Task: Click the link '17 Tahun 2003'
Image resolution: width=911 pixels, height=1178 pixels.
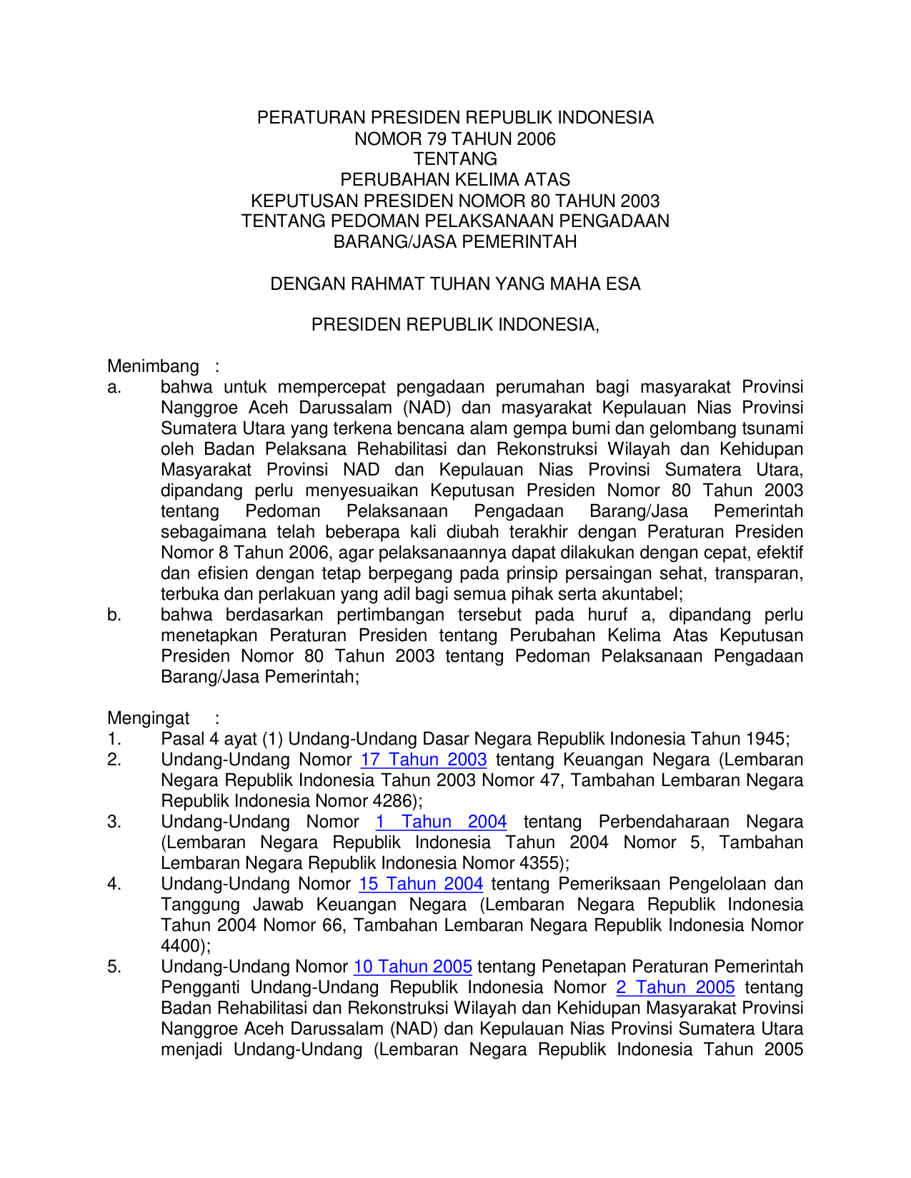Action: (x=424, y=760)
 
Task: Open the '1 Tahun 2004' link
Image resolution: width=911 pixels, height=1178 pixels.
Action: (x=441, y=822)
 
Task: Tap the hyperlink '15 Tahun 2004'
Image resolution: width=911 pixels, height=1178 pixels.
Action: (x=421, y=884)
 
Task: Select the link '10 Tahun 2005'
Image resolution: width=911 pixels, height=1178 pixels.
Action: (x=412, y=967)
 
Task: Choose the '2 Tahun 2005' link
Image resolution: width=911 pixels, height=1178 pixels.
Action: (x=675, y=987)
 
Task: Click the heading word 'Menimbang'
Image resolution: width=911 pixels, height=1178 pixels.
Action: (x=153, y=366)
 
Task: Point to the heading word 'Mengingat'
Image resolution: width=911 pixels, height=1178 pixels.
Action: (x=149, y=718)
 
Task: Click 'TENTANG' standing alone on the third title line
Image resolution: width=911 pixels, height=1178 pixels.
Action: (x=455, y=159)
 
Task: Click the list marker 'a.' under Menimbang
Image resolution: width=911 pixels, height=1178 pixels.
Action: (x=114, y=387)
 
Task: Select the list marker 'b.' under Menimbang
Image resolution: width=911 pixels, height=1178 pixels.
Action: (x=114, y=615)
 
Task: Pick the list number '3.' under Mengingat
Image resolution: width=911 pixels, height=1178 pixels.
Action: (x=114, y=822)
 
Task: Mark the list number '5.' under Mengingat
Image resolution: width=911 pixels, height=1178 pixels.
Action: (x=114, y=967)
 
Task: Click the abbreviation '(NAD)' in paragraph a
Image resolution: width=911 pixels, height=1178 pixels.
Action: (x=427, y=408)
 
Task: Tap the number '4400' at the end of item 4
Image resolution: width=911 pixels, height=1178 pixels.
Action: (x=181, y=946)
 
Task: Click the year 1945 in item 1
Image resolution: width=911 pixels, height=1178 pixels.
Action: (x=765, y=739)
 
